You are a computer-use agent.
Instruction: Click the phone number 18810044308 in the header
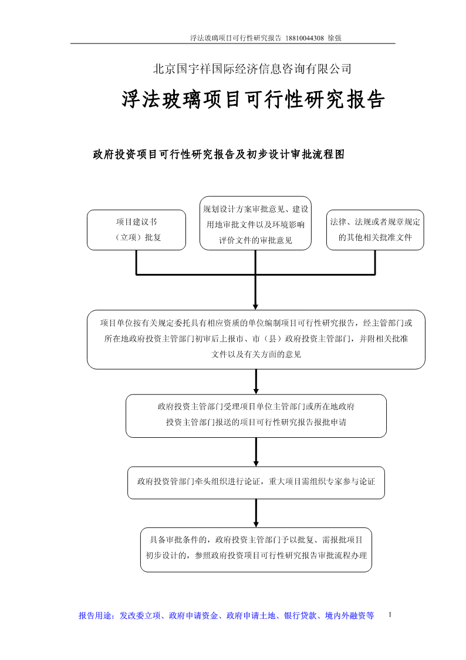point(305,38)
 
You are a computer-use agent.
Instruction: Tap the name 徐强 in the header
point(335,38)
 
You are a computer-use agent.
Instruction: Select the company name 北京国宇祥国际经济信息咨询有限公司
point(252,69)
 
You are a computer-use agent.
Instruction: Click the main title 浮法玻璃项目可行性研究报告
point(254,100)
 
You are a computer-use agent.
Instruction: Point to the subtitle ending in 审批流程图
point(218,155)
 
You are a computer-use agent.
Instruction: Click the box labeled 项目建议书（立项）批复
point(136,230)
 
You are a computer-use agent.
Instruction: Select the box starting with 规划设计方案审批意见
point(255,223)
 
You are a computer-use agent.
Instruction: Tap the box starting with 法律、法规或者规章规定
point(375,230)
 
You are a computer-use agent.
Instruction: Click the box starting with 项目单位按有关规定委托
point(256,340)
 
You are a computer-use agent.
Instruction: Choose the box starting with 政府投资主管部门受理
point(256,416)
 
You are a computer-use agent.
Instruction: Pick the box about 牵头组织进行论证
point(256,483)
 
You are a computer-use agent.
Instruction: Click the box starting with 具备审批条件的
point(256,550)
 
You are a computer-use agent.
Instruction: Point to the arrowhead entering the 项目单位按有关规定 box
point(255,306)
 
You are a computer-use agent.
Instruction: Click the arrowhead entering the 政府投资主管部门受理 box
point(256,391)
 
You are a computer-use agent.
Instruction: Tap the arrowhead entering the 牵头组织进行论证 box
point(256,463)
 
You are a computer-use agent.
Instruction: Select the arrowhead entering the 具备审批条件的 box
point(256,524)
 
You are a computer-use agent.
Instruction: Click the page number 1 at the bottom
point(390,615)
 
